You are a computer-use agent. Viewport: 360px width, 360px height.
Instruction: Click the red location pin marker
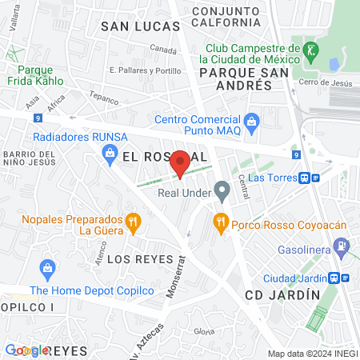[181, 162]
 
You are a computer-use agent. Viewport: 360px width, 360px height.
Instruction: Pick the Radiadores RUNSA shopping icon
[111, 150]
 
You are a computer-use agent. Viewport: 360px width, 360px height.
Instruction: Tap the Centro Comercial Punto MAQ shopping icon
[253, 122]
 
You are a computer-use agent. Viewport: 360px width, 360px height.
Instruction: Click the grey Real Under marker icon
[221, 191]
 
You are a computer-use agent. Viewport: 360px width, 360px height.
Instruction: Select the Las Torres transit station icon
[305, 178]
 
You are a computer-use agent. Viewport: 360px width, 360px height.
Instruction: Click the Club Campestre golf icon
[311, 50]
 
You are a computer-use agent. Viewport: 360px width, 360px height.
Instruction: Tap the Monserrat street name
[175, 277]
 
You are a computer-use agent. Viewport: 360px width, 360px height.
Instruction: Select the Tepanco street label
[103, 101]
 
